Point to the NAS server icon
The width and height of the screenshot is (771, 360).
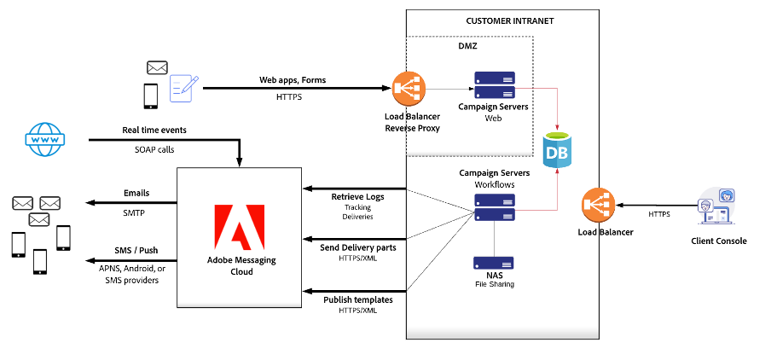coord(496,263)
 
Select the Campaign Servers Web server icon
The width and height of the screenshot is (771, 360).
coord(496,85)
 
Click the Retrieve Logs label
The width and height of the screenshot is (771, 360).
coord(358,197)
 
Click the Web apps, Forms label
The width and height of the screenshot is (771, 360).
coord(293,79)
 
